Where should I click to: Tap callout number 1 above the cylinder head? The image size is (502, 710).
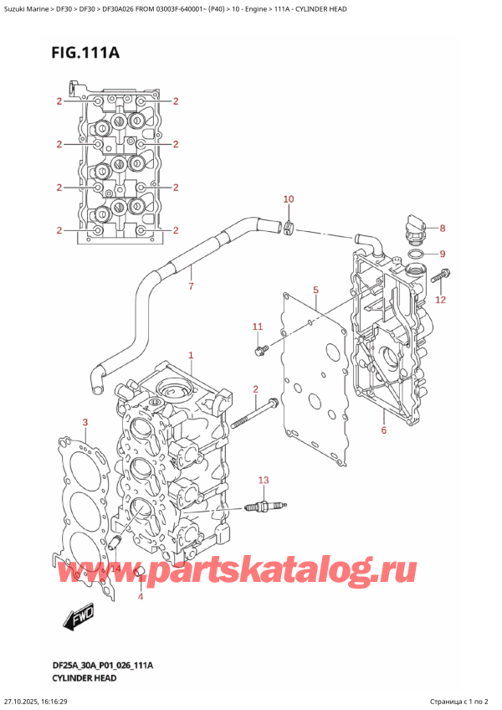point(191,356)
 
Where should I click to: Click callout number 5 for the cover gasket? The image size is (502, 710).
point(315,291)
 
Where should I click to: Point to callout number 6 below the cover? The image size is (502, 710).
point(383,430)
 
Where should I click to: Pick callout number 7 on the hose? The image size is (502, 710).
point(191,287)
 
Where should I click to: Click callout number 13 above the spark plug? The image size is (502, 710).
point(264,480)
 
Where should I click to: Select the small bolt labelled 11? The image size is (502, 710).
point(261,346)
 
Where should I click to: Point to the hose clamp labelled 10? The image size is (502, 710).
point(287,225)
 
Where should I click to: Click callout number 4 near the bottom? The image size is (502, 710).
point(141,596)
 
